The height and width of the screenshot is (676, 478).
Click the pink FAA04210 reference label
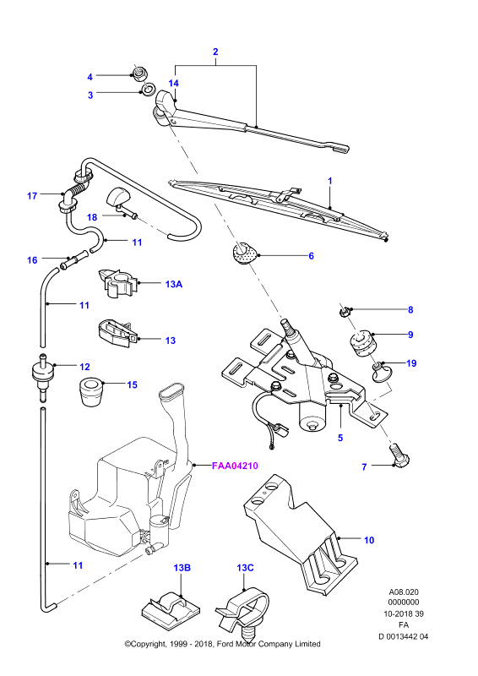click(235, 466)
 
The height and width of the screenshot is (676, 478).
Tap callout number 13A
click(174, 284)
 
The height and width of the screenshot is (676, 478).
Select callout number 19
click(411, 363)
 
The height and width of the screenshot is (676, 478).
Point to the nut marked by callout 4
click(139, 74)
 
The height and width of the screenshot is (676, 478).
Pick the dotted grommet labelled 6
click(243, 253)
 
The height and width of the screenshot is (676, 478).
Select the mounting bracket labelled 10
click(300, 533)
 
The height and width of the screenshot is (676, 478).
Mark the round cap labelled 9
click(363, 344)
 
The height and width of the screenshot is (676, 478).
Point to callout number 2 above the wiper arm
click(215, 52)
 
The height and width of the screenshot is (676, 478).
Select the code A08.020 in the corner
click(404, 592)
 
